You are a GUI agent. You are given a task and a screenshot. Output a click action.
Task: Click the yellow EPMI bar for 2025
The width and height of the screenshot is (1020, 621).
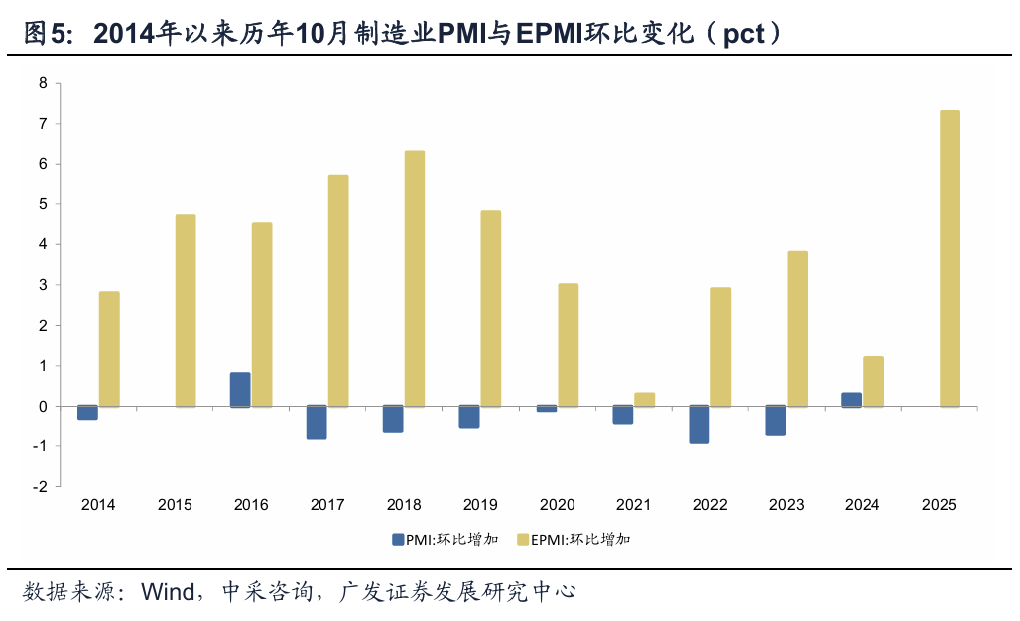950,258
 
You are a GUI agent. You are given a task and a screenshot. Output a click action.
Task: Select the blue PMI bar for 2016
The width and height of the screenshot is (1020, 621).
240,389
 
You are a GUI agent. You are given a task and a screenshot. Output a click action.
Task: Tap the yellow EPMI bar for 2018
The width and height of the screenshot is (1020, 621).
415,278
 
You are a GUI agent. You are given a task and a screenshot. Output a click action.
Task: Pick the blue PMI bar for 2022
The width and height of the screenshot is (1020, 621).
699,425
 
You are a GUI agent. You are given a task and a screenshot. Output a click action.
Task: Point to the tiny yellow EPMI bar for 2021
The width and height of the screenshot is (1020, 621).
644,400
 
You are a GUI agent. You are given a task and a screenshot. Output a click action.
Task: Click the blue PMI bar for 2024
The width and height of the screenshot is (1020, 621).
851,400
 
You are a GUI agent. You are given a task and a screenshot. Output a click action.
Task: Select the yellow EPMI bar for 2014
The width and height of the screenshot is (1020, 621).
109,348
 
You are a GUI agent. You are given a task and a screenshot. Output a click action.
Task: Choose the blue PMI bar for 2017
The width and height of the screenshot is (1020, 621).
317,423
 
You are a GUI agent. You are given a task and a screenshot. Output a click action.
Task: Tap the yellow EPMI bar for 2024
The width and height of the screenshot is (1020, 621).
873,381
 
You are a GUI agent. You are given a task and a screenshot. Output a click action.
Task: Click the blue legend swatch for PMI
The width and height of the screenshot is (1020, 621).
398,540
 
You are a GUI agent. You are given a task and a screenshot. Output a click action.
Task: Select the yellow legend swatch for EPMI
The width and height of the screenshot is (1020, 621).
523,540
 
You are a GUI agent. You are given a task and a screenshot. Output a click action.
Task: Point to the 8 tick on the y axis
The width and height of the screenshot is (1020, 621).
43,83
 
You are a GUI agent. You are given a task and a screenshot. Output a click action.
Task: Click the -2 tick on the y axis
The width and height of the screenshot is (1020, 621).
40,487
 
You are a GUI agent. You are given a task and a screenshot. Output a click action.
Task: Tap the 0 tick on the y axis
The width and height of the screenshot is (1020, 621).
43,407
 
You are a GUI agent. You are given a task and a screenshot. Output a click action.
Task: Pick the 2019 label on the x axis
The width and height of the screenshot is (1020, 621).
480,505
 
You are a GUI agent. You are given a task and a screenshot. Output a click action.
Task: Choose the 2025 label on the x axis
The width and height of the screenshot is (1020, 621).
939,505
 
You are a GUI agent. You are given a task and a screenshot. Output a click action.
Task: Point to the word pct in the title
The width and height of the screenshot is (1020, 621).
743,34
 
